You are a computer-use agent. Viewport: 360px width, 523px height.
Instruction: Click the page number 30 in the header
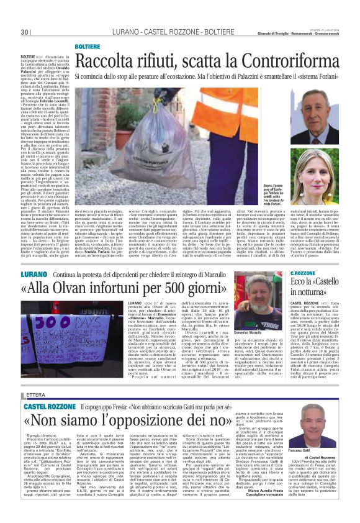click(25, 32)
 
